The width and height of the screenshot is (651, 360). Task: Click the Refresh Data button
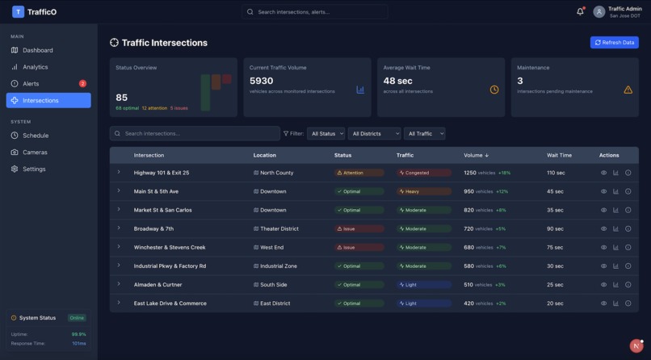(614, 42)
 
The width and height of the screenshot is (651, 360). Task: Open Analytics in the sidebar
(35, 67)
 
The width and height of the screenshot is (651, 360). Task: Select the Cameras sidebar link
(35, 152)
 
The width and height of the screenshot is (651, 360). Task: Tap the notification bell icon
(580, 11)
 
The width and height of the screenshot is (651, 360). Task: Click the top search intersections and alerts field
(315, 12)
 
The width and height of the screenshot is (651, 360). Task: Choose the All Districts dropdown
(374, 133)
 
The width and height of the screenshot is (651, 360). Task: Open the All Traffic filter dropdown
(424, 133)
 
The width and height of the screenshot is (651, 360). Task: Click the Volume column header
(476, 155)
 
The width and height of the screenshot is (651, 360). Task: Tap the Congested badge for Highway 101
(423, 173)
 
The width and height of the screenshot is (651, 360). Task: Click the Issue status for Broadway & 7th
(359, 228)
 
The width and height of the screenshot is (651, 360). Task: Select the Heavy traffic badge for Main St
(423, 191)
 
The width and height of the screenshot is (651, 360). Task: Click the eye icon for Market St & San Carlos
(603, 210)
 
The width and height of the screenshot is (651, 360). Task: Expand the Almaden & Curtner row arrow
(119, 284)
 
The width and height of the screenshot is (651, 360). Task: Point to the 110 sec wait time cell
(556, 173)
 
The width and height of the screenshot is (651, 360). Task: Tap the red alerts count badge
(82, 83)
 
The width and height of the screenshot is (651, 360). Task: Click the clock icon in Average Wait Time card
(494, 90)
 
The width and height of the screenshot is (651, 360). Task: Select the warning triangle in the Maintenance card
(628, 90)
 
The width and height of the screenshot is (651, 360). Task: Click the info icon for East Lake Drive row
(628, 303)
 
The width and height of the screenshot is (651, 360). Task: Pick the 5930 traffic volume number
(262, 81)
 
